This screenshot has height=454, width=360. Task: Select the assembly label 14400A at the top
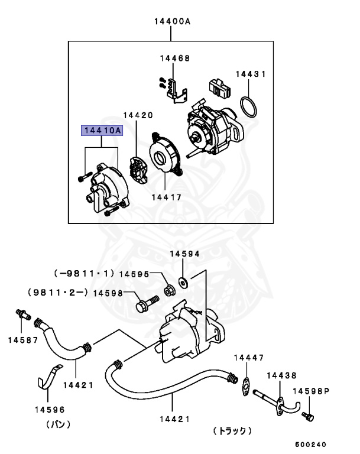pos(172,22)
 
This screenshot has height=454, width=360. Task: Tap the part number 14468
pos(174,59)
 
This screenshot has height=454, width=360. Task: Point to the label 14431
pos(251,74)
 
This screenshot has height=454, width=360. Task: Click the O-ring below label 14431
pos(250,108)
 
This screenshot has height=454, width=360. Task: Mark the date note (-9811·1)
pos(83,274)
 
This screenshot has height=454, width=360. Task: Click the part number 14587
pos(22,340)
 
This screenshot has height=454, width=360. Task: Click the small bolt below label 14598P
pos(306,417)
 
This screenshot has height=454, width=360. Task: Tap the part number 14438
pos(281,375)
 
